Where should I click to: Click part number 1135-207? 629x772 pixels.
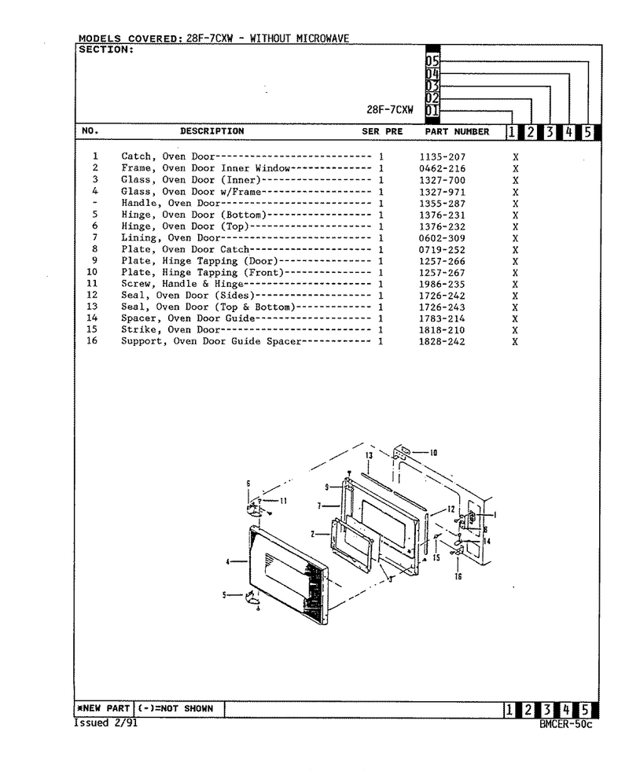click(x=443, y=157)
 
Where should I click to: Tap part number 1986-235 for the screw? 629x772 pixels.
click(x=442, y=284)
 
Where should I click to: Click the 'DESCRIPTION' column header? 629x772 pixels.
click(x=212, y=131)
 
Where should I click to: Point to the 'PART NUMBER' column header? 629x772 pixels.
click(x=457, y=131)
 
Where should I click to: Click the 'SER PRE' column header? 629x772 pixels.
click(x=382, y=131)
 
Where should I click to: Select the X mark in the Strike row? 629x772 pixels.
click(x=515, y=330)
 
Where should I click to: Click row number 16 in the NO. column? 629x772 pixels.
click(x=92, y=340)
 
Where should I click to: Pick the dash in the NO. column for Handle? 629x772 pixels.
click(x=94, y=203)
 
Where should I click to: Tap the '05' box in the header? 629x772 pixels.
click(x=432, y=61)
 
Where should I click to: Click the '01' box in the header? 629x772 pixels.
click(x=432, y=110)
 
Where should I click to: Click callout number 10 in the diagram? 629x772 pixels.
click(x=433, y=453)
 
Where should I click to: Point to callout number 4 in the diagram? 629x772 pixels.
click(x=227, y=561)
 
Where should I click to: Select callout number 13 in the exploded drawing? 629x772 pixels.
click(x=369, y=456)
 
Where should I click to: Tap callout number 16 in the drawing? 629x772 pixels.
click(x=458, y=576)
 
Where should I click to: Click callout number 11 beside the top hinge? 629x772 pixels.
click(x=283, y=501)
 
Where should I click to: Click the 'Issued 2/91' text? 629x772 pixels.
click(x=106, y=722)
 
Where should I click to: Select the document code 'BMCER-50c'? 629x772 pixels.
click(x=566, y=724)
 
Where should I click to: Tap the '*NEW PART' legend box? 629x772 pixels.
click(x=104, y=708)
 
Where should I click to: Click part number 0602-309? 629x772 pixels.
click(x=442, y=238)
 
